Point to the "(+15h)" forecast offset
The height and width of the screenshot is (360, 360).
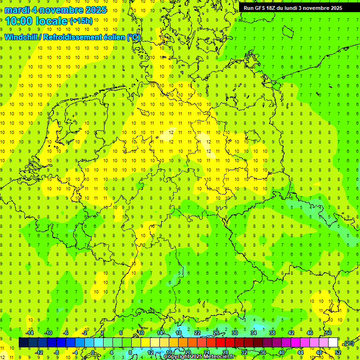point(81,21)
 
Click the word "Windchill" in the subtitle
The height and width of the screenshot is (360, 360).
point(21,37)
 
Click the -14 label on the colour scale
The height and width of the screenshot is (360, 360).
point(30,333)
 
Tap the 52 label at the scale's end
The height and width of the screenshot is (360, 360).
point(338,352)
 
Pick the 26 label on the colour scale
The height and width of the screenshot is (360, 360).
point(216,333)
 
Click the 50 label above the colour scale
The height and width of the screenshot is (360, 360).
point(329,333)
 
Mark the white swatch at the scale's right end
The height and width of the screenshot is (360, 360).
point(333,343)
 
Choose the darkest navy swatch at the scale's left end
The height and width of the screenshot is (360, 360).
point(24,343)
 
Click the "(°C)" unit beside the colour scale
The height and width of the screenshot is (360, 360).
point(349,343)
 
